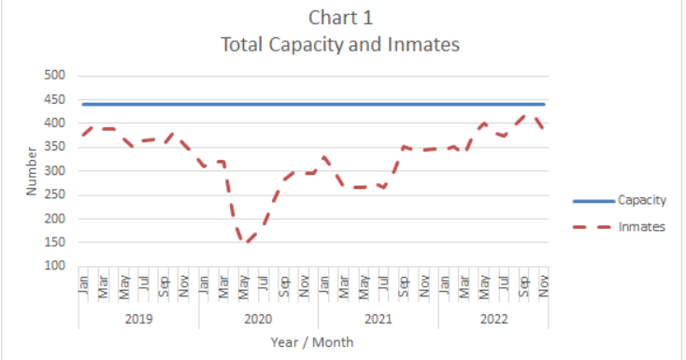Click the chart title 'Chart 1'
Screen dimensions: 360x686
click(341, 18)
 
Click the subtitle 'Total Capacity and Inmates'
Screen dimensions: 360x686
click(341, 43)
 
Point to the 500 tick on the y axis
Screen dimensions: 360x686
click(55, 76)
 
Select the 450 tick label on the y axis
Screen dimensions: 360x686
click(55, 99)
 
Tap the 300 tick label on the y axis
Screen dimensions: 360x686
click(55, 171)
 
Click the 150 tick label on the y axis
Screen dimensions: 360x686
click(55, 242)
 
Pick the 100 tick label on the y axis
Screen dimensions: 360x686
click(55, 266)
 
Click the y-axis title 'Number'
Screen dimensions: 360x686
click(31, 170)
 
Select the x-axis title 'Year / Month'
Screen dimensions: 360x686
click(312, 342)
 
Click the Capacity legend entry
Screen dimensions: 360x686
click(640, 200)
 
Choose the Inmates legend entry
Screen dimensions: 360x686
click(640, 226)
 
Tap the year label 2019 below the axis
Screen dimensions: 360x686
click(138, 318)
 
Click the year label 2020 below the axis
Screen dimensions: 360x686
click(258, 318)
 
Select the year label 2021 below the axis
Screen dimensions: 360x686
click(378, 318)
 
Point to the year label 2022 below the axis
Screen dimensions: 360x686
click(493, 318)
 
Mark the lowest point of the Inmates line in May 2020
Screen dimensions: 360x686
click(245, 242)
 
